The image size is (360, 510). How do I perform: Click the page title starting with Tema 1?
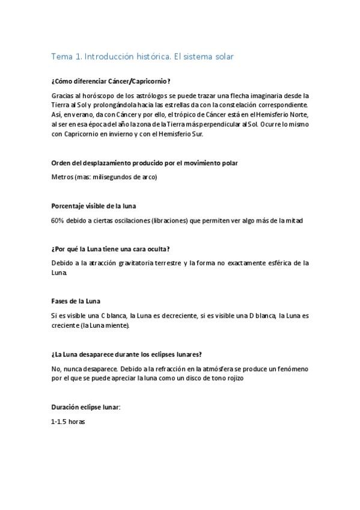[x=142, y=57]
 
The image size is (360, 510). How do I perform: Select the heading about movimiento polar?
[x=145, y=163]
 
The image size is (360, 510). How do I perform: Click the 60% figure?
[x=58, y=220]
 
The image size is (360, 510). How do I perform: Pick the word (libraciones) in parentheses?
[x=153, y=220]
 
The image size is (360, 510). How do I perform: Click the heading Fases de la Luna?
[x=76, y=301]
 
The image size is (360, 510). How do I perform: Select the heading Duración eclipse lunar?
[x=86, y=407]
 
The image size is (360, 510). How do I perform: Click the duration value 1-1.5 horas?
[x=69, y=422]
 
